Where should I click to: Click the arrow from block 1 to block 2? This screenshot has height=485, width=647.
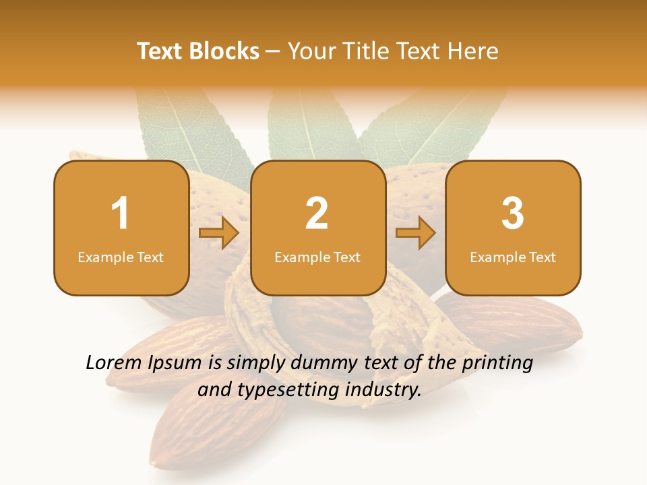(x=219, y=234)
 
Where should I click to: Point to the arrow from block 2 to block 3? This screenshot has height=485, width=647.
(x=416, y=234)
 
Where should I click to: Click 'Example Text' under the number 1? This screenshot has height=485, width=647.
(x=121, y=257)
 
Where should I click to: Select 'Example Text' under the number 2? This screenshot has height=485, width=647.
(x=317, y=257)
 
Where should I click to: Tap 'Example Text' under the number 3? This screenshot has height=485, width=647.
(x=513, y=257)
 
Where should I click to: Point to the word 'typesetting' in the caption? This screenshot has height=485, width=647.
(x=291, y=390)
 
